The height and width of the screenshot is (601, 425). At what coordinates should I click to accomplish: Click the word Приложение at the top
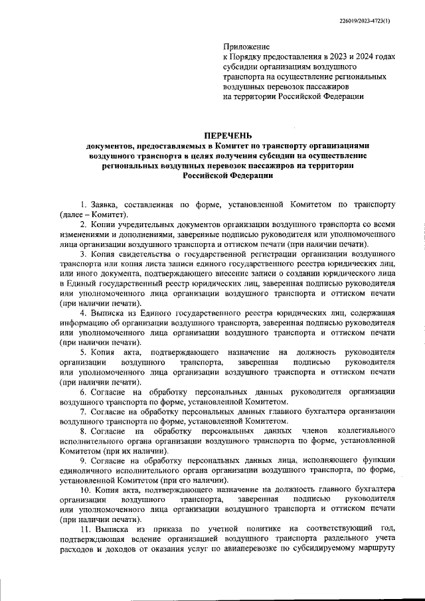pyautogui.click(x=246, y=47)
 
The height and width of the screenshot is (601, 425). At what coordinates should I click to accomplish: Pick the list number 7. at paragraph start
pyautogui.click(x=83, y=412)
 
